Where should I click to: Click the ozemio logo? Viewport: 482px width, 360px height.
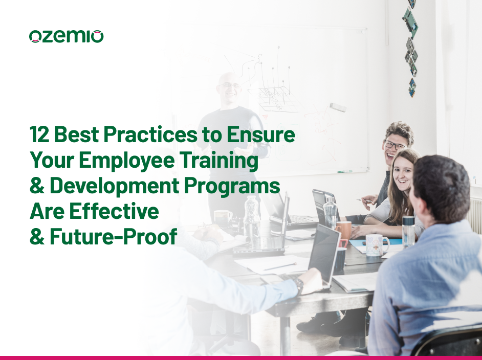coord(67,36)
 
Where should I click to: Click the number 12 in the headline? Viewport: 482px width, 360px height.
coord(40,135)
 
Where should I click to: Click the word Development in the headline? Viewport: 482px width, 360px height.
coord(118,186)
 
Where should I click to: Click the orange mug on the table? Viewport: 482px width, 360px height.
coord(344,230)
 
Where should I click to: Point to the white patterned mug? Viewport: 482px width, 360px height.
coord(376,244)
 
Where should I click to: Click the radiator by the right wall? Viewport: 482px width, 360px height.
coord(474,215)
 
